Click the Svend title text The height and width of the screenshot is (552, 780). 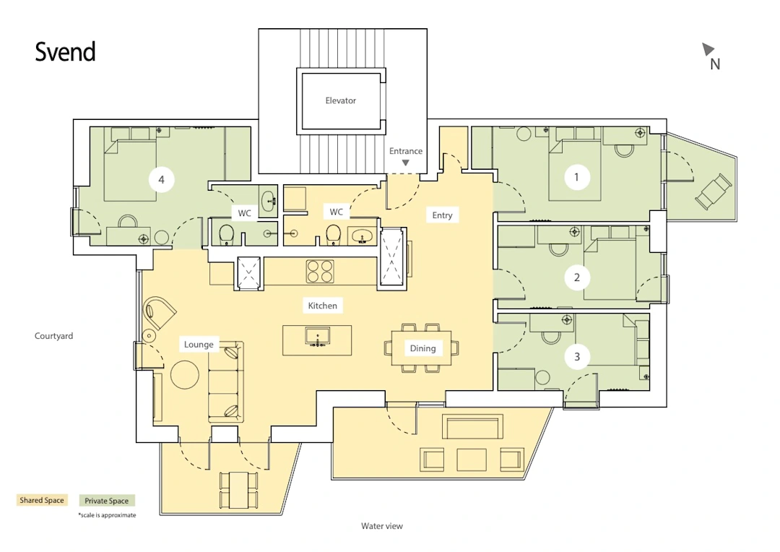tap(65, 52)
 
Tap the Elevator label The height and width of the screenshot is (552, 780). tap(341, 100)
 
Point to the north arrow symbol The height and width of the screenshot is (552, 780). tap(707, 49)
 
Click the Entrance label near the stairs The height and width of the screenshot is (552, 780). tap(406, 151)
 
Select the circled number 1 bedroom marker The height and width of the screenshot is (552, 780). tap(576, 177)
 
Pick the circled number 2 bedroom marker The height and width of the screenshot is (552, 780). tap(577, 277)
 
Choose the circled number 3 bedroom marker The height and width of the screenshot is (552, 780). tap(577, 356)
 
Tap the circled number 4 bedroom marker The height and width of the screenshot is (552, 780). tap(161, 180)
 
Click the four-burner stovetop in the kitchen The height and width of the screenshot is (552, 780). tap(320, 271)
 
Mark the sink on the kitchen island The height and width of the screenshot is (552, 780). tap(317, 337)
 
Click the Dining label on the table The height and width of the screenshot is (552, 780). tap(422, 348)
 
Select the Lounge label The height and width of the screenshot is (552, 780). tap(199, 345)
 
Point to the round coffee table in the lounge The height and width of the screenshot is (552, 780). tap(185, 374)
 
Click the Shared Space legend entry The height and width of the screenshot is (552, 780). tap(42, 500)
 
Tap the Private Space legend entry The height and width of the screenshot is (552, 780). tap(106, 501)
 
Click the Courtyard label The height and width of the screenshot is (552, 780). tap(53, 336)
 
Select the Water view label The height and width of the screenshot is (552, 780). tap(382, 526)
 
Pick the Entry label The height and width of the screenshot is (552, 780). tap(442, 215)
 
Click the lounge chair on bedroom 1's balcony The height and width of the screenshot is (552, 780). tap(714, 191)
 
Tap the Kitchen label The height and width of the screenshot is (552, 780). tap(322, 306)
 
